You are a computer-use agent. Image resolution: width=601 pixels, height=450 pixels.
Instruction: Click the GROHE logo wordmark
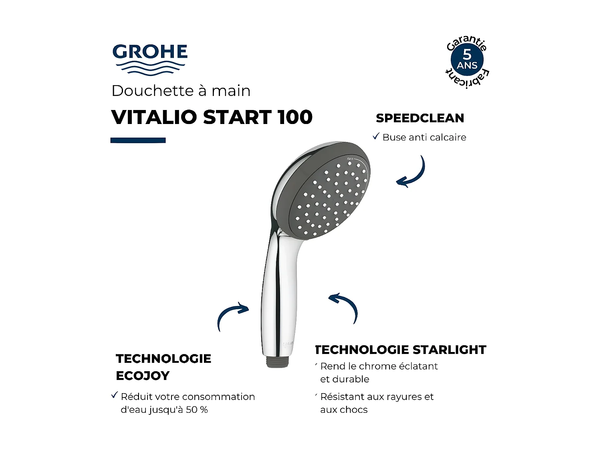pos(150,52)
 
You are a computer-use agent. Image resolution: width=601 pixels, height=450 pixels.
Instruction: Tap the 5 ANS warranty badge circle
pos(467,60)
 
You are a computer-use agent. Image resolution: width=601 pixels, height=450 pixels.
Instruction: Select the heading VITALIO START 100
pos(212,117)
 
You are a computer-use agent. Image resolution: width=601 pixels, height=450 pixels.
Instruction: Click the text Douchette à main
pos(181,91)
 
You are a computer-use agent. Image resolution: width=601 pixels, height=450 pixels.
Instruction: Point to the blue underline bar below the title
pos(138,140)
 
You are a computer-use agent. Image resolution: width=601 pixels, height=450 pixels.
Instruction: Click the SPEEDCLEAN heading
pos(420,118)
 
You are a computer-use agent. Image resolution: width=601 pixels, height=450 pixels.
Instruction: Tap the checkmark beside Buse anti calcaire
pos(376,136)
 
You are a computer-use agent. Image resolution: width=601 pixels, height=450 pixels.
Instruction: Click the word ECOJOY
pos(143,376)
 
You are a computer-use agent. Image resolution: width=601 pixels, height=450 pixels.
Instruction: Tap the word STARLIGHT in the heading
pos(449,350)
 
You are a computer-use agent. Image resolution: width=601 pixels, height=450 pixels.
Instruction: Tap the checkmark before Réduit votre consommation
pos(115,396)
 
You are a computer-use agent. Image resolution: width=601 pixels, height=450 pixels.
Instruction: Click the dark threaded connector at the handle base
pos(279,361)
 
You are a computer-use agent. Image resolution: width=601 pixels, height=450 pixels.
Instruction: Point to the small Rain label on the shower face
pos(350,159)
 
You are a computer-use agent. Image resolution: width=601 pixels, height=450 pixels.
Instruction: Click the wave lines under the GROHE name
pos(150,68)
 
